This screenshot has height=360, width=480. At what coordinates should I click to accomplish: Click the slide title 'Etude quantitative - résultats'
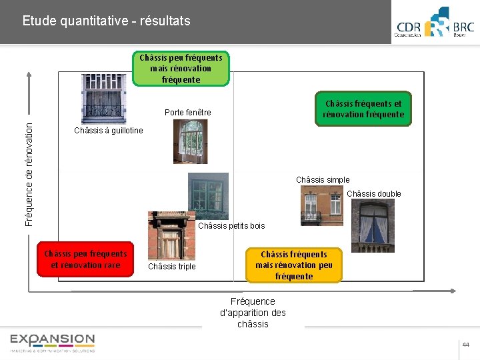tap(106, 21)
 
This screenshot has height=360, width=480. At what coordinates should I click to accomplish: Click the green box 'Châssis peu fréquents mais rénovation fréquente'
tap(181, 69)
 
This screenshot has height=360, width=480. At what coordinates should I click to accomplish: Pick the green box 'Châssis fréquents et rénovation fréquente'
tap(363, 109)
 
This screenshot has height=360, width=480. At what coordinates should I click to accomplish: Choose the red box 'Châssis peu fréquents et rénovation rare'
tap(85, 259)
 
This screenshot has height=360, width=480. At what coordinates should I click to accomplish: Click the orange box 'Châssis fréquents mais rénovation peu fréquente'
tap(293, 265)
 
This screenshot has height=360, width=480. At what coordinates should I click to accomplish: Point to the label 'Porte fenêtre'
tap(187, 113)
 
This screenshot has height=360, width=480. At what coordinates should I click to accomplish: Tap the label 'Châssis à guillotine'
tap(108, 131)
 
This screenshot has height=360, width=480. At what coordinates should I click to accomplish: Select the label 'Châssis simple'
tap(323, 180)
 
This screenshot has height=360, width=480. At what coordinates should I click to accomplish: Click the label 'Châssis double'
tap(374, 194)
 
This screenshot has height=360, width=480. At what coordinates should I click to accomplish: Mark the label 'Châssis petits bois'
tap(231, 226)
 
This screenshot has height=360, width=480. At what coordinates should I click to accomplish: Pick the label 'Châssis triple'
tap(172, 267)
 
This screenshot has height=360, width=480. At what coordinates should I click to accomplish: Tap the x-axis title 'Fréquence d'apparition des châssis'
tap(253, 313)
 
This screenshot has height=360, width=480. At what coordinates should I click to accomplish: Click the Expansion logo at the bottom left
tap(52, 343)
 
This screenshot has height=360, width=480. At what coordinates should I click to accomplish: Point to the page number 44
tap(465, 345)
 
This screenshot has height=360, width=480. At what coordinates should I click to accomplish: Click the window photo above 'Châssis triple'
tap(171, 236)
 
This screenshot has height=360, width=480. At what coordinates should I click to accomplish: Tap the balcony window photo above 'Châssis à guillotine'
tap(103, 97)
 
